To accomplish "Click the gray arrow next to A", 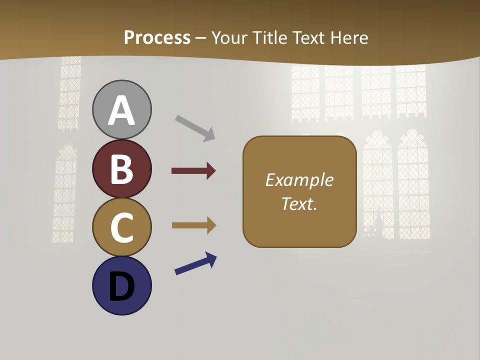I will click(195, 127).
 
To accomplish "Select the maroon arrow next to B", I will click(193, 171).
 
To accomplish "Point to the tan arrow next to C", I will click(193, 225).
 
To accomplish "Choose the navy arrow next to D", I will click(195, 263).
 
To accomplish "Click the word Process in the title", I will click(157, 37).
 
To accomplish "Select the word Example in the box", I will click(299, 180).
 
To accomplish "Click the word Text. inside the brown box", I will click(299, 203).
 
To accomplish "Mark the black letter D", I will click(121, 286).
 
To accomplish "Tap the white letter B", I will click(121, 169).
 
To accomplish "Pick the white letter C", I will click(121, 227).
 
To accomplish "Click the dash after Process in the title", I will click(201, 38).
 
